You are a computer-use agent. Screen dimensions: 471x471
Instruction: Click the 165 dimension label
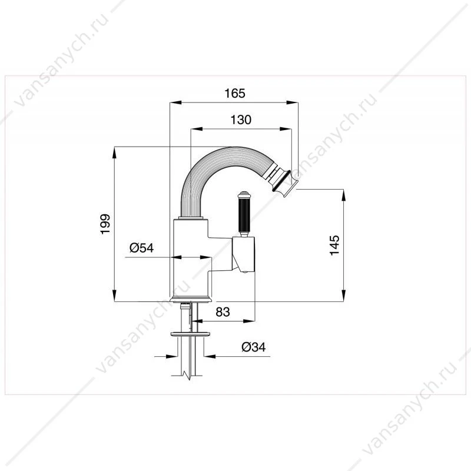click(235, 94)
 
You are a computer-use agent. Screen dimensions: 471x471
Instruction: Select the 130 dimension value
click(241, 120)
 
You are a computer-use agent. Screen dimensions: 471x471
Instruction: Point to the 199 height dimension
click(105, 224)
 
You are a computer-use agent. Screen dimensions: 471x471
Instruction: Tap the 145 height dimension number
click(334, 245)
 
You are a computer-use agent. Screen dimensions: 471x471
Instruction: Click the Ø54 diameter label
click(141, 248)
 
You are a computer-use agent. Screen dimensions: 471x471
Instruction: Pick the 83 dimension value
click(223, 312)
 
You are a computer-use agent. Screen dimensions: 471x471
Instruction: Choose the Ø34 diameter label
click(254, 347)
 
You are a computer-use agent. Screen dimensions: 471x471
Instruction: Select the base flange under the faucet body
click(191, 300)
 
